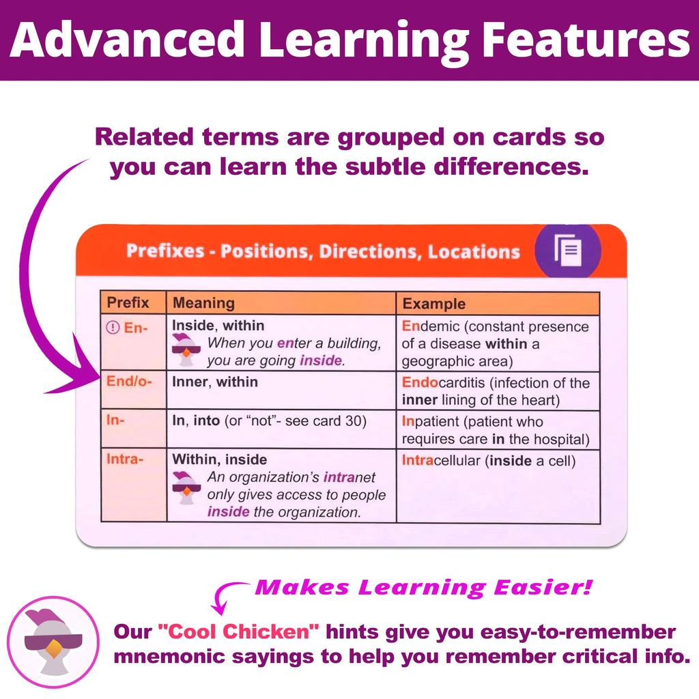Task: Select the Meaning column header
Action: point(203,303)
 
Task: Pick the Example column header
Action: point(433,304)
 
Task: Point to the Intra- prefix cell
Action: point(125,459)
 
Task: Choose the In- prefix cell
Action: point(115,420)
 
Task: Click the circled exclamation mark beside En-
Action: point(113,327)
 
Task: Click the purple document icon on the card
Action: point(568,251)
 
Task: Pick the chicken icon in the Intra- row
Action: point(186,486)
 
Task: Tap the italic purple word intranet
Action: point(350,477)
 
